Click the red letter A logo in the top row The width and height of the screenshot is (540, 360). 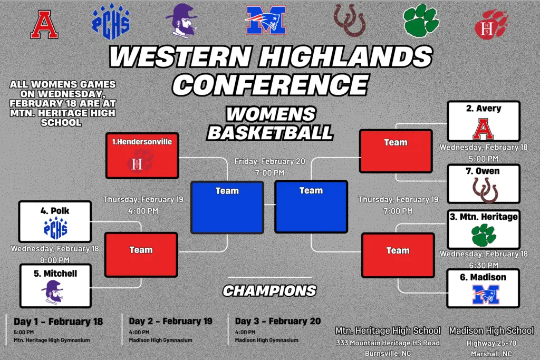coord(44,24)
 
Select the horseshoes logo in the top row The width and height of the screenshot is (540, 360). coord(350,21)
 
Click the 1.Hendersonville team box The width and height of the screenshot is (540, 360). coord(142,155)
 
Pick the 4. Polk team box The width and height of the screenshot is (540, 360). coord(55,222)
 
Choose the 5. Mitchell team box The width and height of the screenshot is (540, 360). coord(55,286)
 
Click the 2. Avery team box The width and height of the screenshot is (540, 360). coord(484,121)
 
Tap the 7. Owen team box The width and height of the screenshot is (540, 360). coord(484,184)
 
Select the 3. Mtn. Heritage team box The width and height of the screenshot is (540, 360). coord(484,230)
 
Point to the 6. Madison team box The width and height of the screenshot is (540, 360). coord(483,288)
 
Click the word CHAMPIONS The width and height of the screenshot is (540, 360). coord(269,291)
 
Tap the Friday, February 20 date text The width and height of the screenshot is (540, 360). coord(269,161)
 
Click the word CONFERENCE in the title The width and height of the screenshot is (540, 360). coord(271,85)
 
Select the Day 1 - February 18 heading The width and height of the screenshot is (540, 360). coord(58,322)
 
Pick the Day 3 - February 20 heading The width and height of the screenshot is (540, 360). coord(277,321)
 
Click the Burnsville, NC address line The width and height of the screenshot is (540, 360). coord(388,354)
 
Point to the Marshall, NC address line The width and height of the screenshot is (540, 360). coord(491,354)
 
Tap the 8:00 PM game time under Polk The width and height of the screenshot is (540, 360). coord(55,260)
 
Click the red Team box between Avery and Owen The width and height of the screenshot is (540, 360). coord(396,151)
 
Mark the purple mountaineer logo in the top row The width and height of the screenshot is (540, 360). coord(181,21)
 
